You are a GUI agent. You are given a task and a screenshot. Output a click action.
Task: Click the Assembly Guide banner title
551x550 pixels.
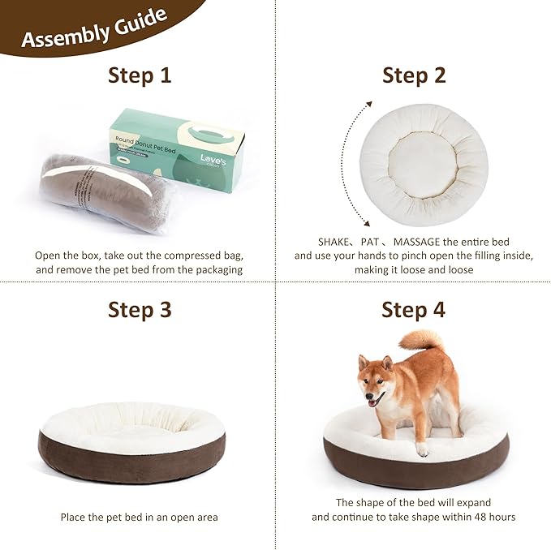94,28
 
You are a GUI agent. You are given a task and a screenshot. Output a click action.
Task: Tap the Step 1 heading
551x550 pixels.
140,75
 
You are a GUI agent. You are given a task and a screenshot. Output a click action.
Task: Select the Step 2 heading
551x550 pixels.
414,75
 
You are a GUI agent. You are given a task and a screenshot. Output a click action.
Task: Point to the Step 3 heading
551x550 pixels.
140,309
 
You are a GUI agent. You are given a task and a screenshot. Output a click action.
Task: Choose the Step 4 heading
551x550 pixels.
414,309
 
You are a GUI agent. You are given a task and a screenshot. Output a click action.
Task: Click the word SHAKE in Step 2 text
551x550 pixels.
313,242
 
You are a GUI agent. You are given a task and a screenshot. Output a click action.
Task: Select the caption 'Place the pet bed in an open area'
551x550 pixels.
139,517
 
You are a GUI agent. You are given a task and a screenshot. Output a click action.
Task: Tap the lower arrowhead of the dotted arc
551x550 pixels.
366,222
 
